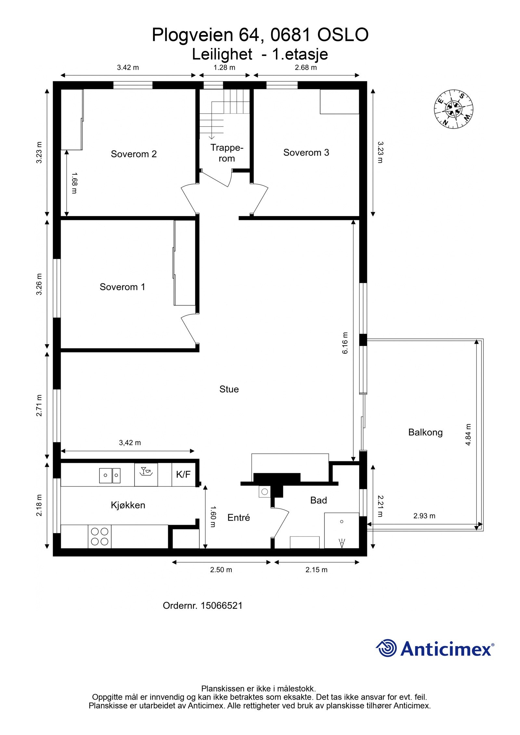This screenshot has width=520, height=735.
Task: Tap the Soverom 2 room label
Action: (134, 154)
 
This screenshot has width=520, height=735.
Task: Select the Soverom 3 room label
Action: (306, 152)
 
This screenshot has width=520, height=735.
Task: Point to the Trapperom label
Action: (227, 153)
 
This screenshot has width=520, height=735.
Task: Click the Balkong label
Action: (425, 432)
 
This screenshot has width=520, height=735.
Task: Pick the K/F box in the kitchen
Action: (183, 475)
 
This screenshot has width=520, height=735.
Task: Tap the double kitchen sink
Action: (110, 475)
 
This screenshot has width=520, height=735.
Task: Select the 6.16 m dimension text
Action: (345, 343)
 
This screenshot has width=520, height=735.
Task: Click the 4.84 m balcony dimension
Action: (468, 435)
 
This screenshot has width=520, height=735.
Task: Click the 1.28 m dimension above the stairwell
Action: (224, 68)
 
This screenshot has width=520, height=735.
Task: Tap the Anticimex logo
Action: (435, 649)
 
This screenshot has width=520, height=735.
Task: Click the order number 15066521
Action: (221, 605)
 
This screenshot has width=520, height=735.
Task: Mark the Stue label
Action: (229, 389)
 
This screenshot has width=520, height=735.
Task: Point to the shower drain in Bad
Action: (342, 522)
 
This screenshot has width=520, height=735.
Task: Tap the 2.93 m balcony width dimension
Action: (424, 516)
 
